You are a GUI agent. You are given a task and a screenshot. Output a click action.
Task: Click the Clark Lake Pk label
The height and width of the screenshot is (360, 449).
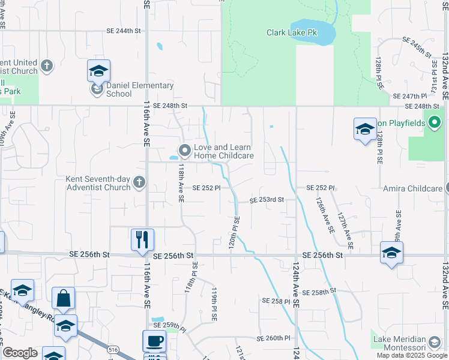tap(292, 32)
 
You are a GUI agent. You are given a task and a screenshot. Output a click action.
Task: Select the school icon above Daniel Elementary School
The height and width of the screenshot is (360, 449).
tap(98, 71)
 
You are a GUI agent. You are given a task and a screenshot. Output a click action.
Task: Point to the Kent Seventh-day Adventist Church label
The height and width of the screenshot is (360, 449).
tap(98, 183)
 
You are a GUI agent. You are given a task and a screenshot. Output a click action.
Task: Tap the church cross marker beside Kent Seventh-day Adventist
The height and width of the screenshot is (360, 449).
tap(139, 182)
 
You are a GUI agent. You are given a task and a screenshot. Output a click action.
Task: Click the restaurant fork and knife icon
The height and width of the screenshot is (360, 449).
tap(142, 239)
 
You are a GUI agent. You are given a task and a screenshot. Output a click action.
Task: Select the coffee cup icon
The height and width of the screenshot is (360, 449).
tap(154, 341)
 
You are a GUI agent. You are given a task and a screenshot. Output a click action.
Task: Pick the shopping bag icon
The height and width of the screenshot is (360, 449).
tap(63, 298)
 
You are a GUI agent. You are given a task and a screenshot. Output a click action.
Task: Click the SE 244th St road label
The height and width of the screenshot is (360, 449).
tap(123, 30)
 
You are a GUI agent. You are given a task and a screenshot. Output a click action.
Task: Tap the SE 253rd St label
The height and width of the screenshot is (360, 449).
tap(267, 199)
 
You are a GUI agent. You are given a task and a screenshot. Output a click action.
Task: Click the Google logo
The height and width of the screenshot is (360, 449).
tap(20, 353)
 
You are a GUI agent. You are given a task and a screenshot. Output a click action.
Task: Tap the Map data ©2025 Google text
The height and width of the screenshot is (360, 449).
tap(412, 355)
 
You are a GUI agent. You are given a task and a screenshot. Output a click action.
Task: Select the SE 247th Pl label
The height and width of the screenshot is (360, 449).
tap(409, 96)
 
